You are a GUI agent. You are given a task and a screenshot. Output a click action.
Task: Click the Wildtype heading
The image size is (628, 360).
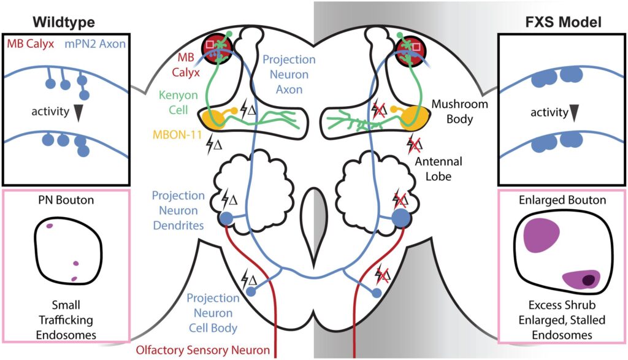(x=64, y=21)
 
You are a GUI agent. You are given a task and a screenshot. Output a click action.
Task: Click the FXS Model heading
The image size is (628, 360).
(x=563, y=21)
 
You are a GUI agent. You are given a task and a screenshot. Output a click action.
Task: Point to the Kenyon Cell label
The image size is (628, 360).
(x=178, y=102)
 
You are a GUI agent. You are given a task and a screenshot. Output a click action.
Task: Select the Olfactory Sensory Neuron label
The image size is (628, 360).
(x=202, y=350)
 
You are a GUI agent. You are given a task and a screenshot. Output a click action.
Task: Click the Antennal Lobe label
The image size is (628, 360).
(x=438, y=169)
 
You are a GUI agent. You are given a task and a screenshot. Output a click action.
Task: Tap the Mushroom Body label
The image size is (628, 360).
(x=460, y=112)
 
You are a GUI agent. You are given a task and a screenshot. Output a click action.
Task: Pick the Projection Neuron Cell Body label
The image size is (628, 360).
(x=213, y=313)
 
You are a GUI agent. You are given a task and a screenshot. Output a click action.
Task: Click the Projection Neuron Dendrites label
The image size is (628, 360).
(x=178, y=210)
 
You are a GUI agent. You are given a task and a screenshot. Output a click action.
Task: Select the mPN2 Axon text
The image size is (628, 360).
(x=95, y=44)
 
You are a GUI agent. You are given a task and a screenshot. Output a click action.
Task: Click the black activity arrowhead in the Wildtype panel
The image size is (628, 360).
(x=78, y=112)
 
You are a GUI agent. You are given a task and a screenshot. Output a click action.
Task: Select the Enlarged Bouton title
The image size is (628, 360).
(x=562, y=200)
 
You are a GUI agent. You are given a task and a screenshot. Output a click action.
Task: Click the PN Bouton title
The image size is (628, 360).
(x=66, y=200)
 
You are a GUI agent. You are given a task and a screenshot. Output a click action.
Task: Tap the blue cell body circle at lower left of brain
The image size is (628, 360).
(x=251, y=292)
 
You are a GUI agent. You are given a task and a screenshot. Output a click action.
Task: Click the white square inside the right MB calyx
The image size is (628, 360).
(x=416, y=47)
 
